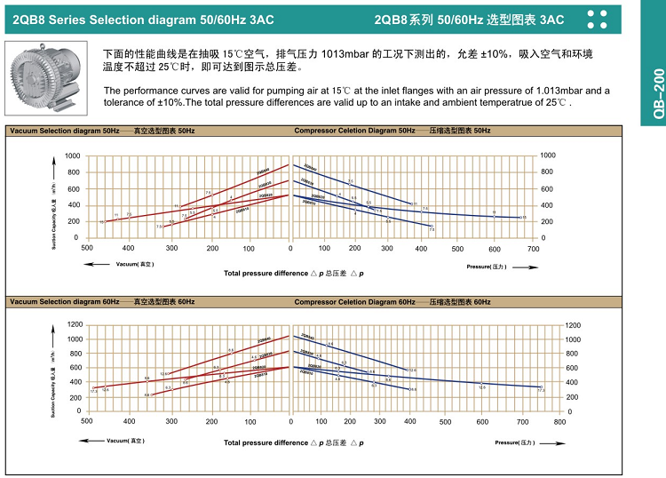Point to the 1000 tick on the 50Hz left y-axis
pos(72,155)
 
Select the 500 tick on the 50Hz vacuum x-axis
pos(87,248)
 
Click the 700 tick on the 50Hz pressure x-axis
pos(533,248)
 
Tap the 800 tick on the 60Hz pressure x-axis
pos(559,421)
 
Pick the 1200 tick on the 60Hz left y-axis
pos(72,325)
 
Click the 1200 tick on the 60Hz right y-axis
pos(575,325)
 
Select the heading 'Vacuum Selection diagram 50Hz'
pos(62,131)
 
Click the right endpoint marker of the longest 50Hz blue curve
pos(523,218)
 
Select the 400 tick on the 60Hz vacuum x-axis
pos(129,421)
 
